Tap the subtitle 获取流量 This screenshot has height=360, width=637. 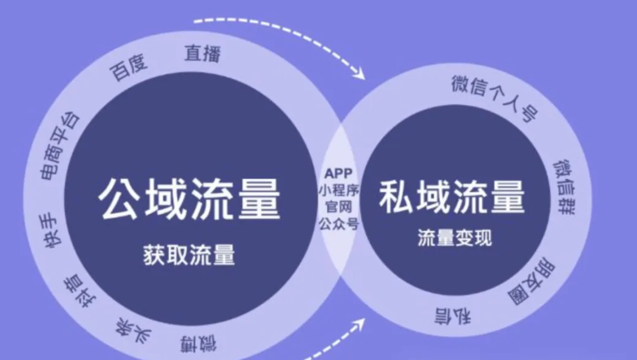[x=189, y=255]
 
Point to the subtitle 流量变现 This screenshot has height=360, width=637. [x=455, y=238]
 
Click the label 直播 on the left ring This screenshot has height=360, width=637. [x=203, y=54]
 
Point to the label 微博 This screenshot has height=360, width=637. [x=198, y=343]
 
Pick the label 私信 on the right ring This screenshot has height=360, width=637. [x=453, y=316]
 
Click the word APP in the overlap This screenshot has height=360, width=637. [x=338, y=174]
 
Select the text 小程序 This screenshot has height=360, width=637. [x=339, y=190]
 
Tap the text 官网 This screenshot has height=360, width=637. [x=338, y=207]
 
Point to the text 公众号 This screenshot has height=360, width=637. [x=338, y=224]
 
